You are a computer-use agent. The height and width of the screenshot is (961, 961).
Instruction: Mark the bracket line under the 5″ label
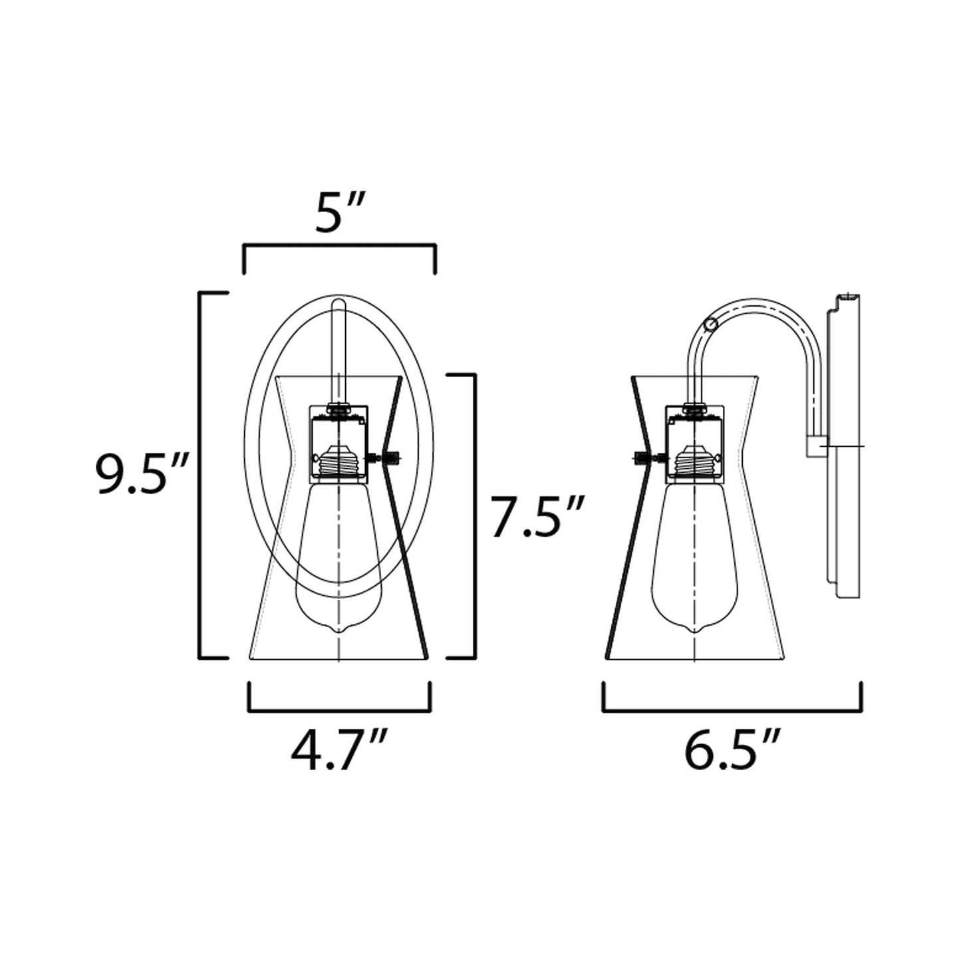tap(340, 245)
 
